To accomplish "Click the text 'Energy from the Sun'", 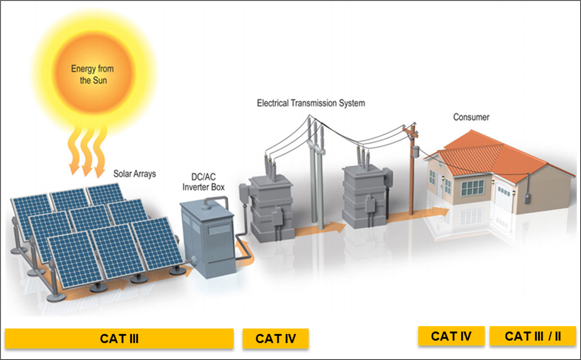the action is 92,75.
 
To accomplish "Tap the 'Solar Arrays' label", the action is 134,174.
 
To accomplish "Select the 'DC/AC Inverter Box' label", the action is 203,182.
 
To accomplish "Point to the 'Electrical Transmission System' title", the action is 311,103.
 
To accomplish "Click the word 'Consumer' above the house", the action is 471,117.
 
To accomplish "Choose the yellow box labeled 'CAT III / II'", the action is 533,336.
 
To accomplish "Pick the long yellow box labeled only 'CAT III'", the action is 119,338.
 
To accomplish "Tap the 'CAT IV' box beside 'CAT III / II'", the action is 451,336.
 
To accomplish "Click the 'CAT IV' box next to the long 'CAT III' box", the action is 275,338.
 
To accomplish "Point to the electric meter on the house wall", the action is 527,198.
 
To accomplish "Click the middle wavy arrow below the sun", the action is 86,150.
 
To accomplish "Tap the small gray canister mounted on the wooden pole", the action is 416,151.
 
